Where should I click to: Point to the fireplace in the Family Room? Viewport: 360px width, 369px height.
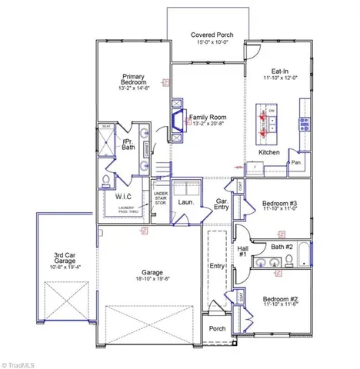[x=178, y=121]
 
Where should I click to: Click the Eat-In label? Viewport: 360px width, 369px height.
[x=278, y=69]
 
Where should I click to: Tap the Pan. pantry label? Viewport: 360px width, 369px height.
[x=295, y=162]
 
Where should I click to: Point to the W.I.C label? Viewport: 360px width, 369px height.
[x=124, y=198]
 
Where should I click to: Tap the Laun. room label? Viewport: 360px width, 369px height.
[x=185, y=202]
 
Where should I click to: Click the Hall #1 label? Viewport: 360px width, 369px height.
[x=242, y=251]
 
